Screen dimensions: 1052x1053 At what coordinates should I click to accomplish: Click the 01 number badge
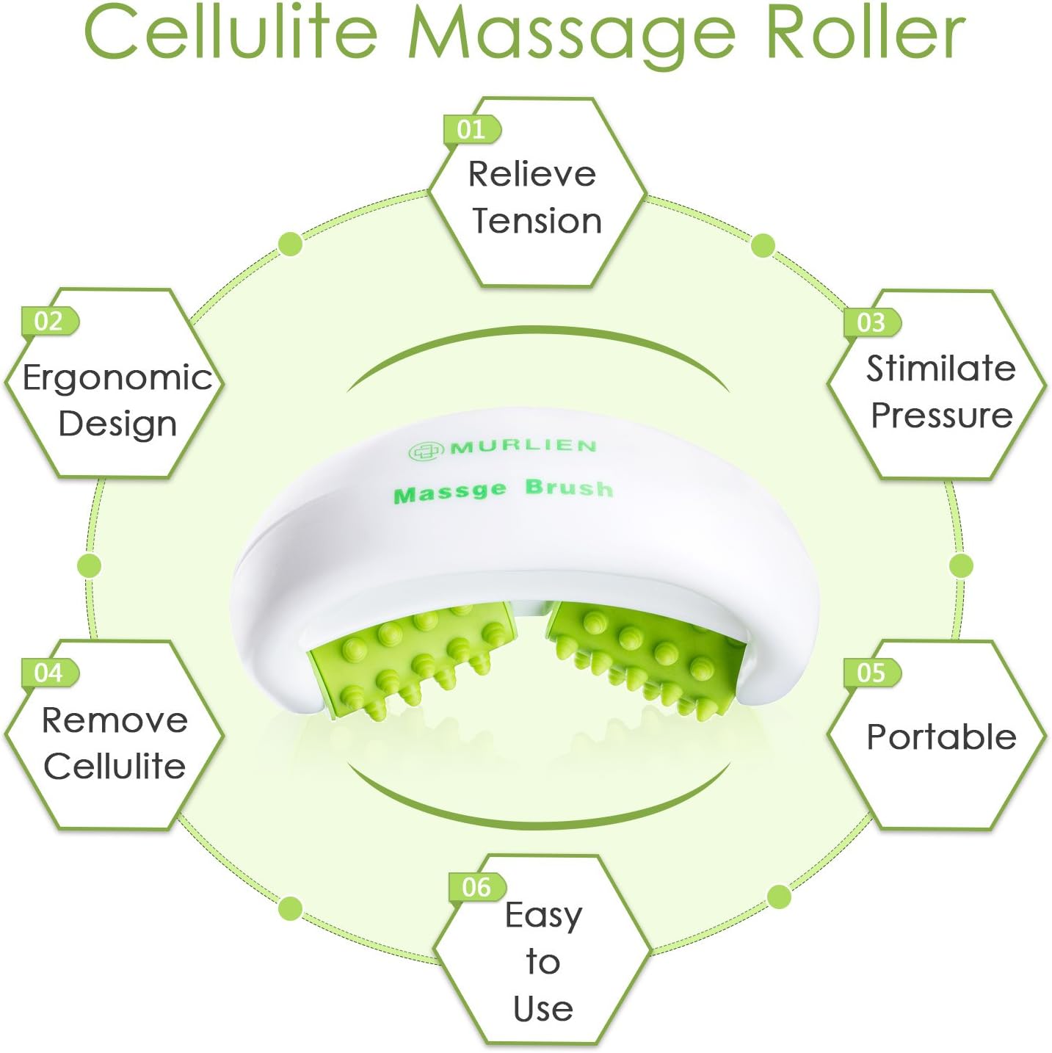pyautogui.click(x=471, y=129)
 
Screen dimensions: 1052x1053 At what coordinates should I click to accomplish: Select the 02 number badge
pyautogui.click(x=50, y=321)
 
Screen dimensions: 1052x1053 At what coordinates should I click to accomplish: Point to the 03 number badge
pyautogui.click(x=872, y=322)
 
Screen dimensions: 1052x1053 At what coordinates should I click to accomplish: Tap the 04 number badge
pyautogui.click(x=50, y=673)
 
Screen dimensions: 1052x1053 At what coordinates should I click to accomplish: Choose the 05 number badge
pyautogui.click(x=872, y=673)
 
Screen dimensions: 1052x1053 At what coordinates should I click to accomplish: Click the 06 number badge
pyautogui.click(x=477, y=887)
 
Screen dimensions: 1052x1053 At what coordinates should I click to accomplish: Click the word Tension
pyautogui.click(x=537, y=221)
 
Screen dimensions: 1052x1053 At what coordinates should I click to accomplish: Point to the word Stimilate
pyautogui.click(x=940, y=369)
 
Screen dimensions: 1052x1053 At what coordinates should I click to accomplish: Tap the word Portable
pyautogui.click(x=941, y=737)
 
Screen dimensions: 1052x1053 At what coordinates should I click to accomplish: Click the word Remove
pyautogui.click(x=115, y=720)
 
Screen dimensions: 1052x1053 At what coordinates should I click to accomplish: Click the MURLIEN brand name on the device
pyautogui.click(x=523, y=446)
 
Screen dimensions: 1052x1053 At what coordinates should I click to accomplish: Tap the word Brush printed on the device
pyautogui.click(x=569, y=488)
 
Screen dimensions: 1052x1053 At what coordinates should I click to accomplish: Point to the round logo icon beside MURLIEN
pyautogui.click(x=424, y=452)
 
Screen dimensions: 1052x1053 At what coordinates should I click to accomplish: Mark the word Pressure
pyautogui.click(x=942, y=416)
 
